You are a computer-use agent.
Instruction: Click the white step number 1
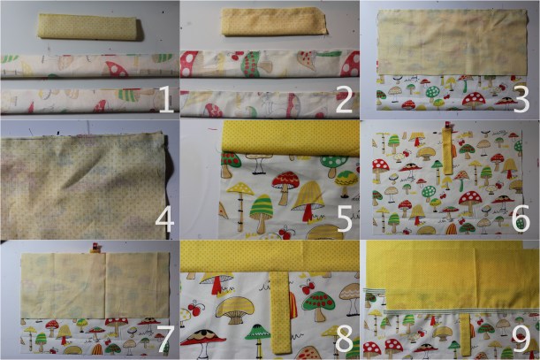[164, 99]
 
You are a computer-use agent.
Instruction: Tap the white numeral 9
[521, 338]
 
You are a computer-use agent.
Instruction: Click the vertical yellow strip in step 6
[448, 155]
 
